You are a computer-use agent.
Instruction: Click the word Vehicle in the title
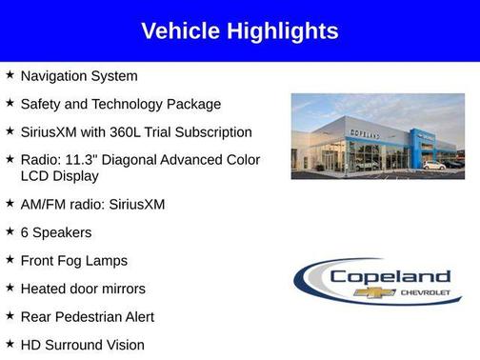pos(180,31)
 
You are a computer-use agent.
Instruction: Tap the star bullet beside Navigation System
pos(10,75)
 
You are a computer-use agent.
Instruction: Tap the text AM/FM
pos(41,205)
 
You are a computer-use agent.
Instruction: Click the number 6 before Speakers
pos(25,232)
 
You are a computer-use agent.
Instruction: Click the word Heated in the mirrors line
pos(43,289)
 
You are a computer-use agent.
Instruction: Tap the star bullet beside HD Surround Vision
pos(10,344)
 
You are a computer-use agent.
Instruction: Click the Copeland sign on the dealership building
pos(366,136)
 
